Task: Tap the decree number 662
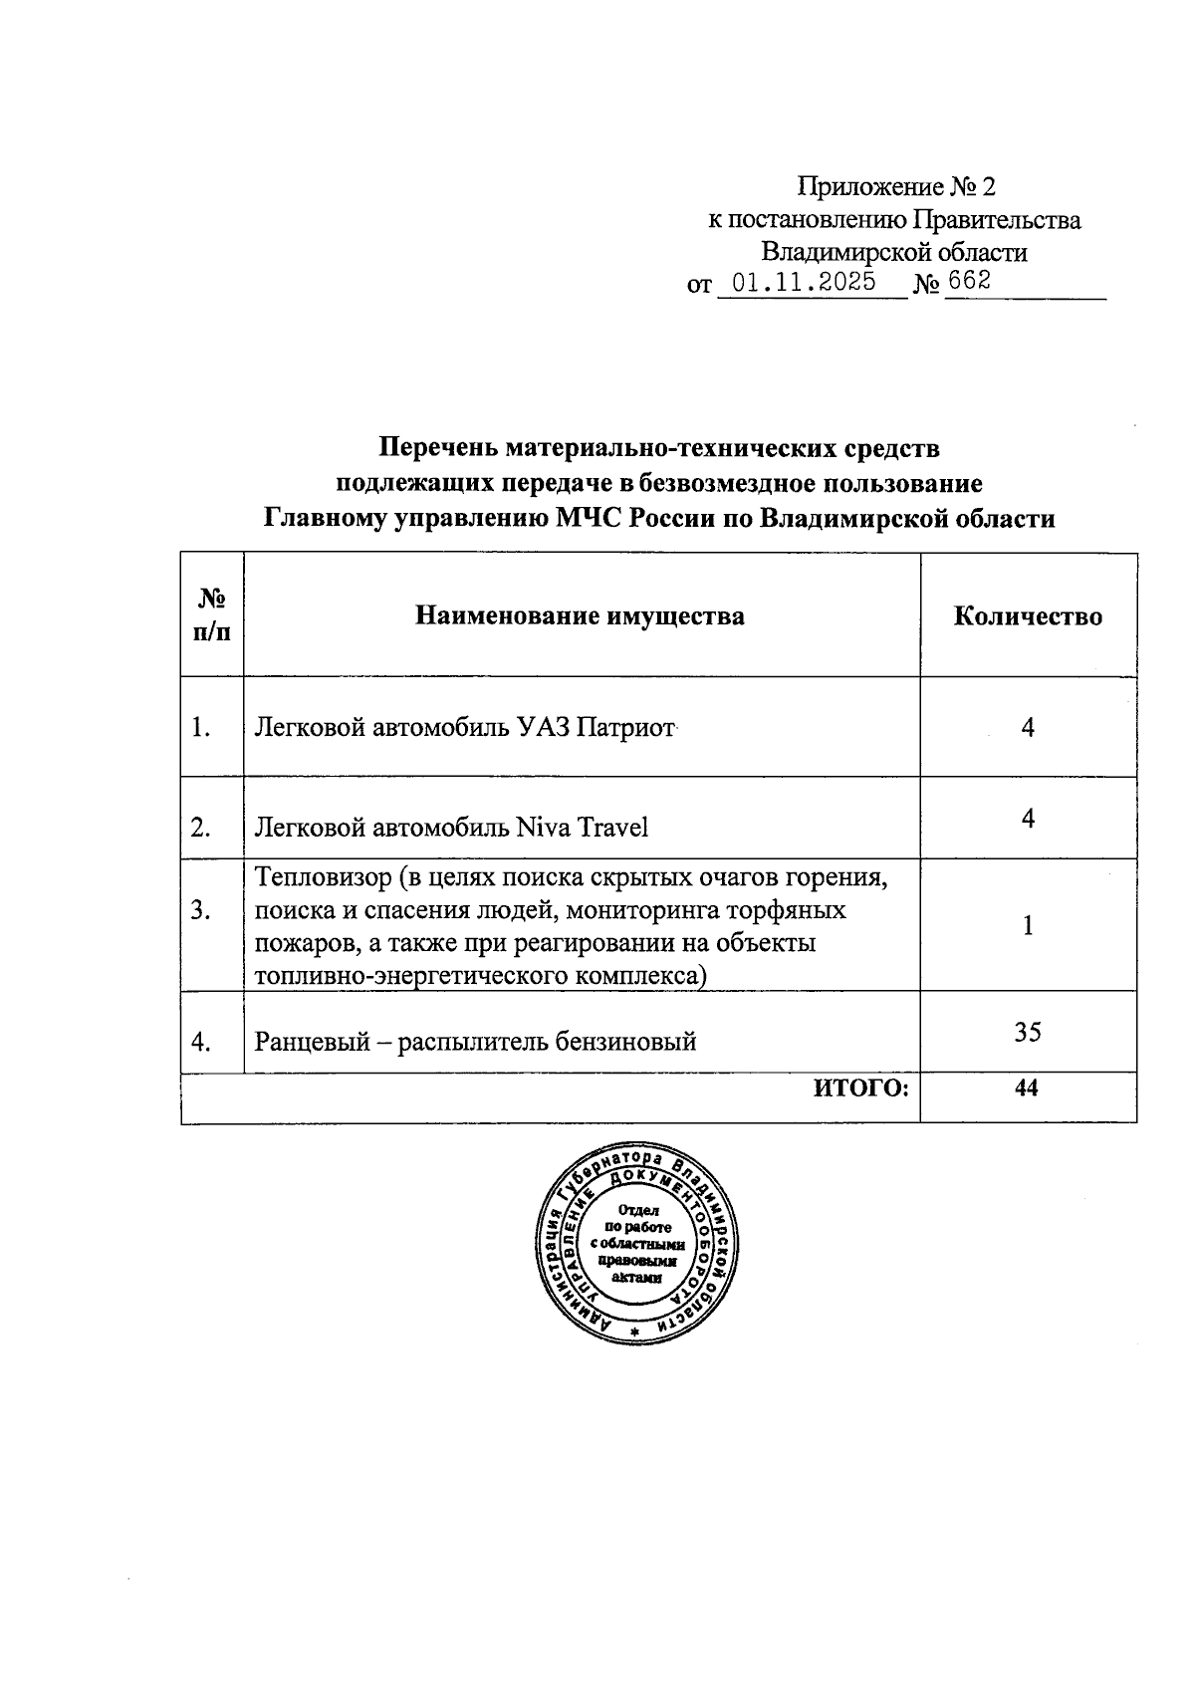pyautogui.click(x=969, y=281)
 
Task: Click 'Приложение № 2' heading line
pyautogui.click(x=895, y=186)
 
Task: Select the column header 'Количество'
pyautogui.click(x=1028, y=616)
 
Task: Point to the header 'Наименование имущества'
pyautogui.click(x=580, y=616)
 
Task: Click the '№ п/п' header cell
pyautogui.click(x=212, y=615)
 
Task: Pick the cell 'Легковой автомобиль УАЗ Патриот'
pyautogui.click(x=465, y=728)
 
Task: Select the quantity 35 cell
pyautogui.click(x=1028, y=1032)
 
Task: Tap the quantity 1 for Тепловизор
pyautogui.click(x=1028, y=925)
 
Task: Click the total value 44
pyautogui.click(x=1027, y=1088)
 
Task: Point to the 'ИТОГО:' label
pyautogui.click(x=861, y=1088)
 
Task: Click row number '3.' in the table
pyautogui.click(x=201, y=910)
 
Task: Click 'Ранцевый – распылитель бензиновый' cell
pyautogui.click(x=475, y=1043)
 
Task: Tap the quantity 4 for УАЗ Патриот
pyautogui.click(x=1028, y=727)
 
